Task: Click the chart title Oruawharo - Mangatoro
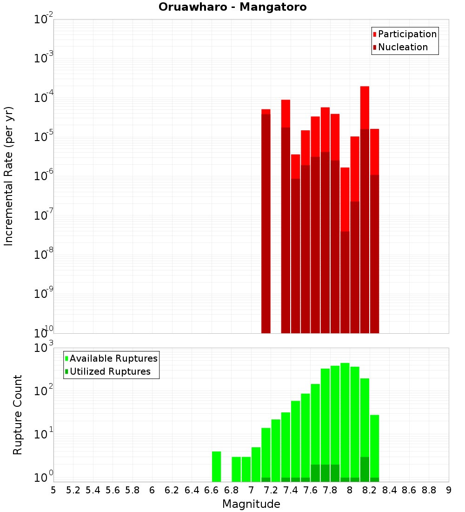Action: [232, 7]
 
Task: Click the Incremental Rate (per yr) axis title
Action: [9, 176]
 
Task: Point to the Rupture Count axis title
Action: [18, 415]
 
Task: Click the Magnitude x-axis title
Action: [251, 504]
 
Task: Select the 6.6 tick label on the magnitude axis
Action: [212, 490]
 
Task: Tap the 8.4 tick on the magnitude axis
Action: [390, 490]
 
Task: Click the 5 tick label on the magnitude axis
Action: [53, 490]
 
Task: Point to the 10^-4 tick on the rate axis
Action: [44, 98]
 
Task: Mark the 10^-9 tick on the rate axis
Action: [44, 294]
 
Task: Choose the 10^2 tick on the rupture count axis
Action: [44, 391]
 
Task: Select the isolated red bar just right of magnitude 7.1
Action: [266, 112]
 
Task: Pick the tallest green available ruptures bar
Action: [345, 419]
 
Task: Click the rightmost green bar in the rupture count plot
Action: [375, 447]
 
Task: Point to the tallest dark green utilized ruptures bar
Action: [365, 469]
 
